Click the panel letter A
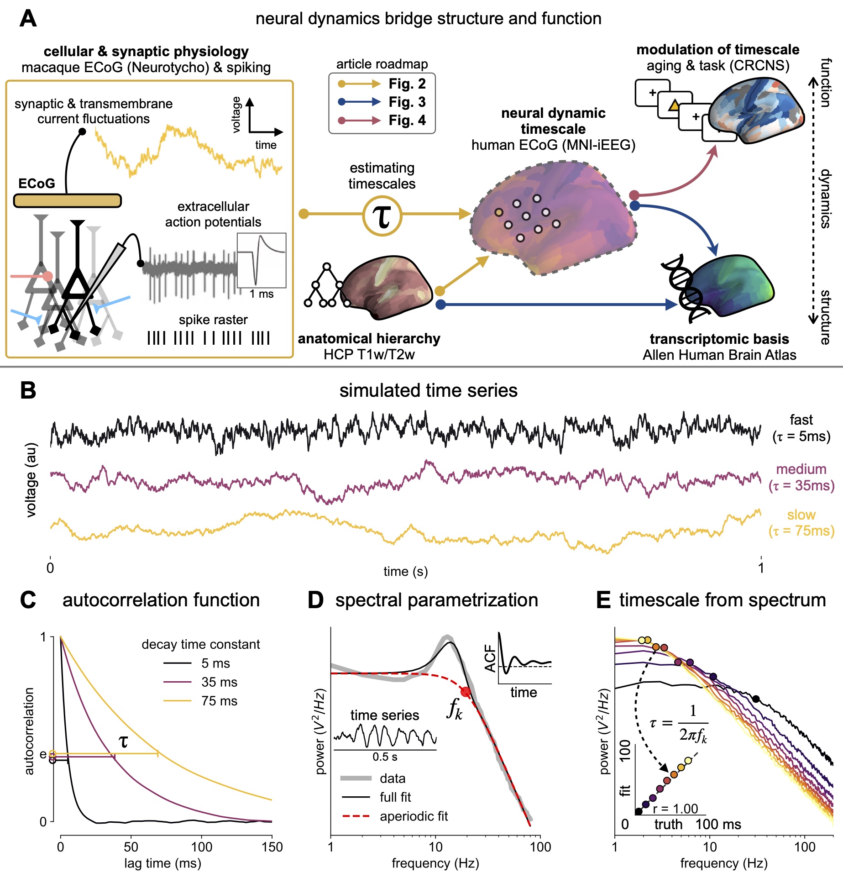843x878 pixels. click(28, 19)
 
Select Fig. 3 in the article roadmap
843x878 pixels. click(407, 102)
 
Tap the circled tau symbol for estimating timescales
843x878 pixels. click(382, 216)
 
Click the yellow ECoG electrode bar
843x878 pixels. click(67, 200)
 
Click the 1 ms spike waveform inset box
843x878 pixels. click(262, 260)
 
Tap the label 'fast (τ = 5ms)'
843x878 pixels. click(801, 428)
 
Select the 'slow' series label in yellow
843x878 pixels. click(801, 515)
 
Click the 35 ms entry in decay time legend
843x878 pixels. click(219, 682)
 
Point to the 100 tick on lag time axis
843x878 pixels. click(201, 847)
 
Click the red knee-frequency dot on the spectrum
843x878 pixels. click(466, 692)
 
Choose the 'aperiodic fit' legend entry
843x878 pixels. click(414, 816)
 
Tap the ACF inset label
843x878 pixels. click(490, 658)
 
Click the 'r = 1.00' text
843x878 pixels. click(675, 809)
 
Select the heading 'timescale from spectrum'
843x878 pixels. click(722, 600)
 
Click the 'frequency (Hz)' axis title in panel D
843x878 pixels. click(435, 863)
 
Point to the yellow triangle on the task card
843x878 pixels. click(674, 106)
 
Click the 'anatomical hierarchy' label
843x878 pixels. click(369, 339)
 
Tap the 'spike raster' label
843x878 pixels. click(213, 320)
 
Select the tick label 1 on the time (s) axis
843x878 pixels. click(761, 568)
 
